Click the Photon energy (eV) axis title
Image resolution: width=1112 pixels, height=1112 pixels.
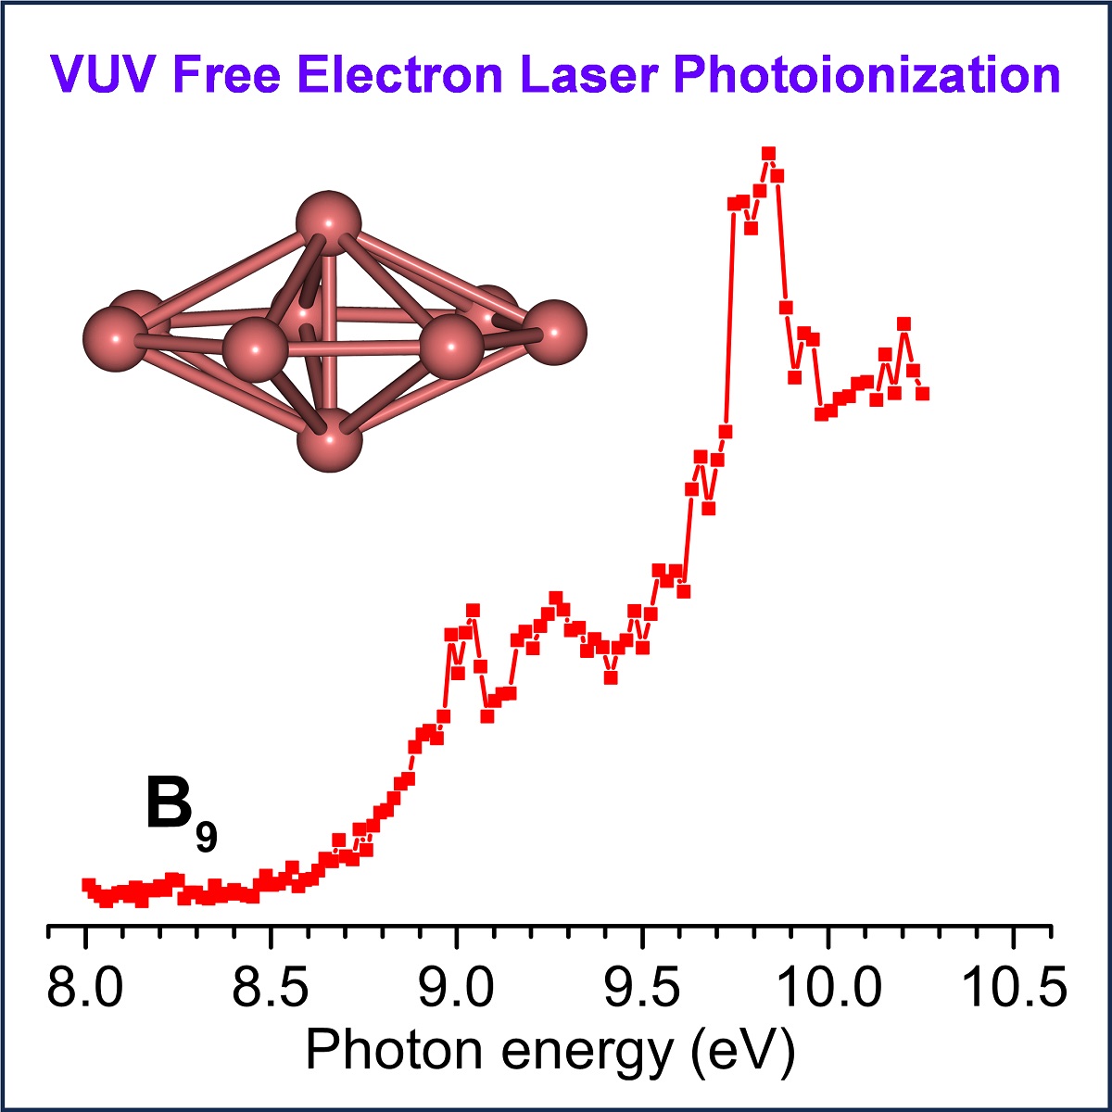click(x=550, y=1052)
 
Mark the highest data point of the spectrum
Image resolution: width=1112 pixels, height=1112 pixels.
click(x=768, y=154)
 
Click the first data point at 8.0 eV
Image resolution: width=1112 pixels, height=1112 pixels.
click(x=88, y=885)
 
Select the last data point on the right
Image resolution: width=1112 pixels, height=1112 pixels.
click(x=922, y=394)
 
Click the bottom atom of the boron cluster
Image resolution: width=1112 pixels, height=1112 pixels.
click(x=329, y=440)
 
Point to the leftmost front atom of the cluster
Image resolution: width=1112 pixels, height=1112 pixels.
click(x=115, y=339)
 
